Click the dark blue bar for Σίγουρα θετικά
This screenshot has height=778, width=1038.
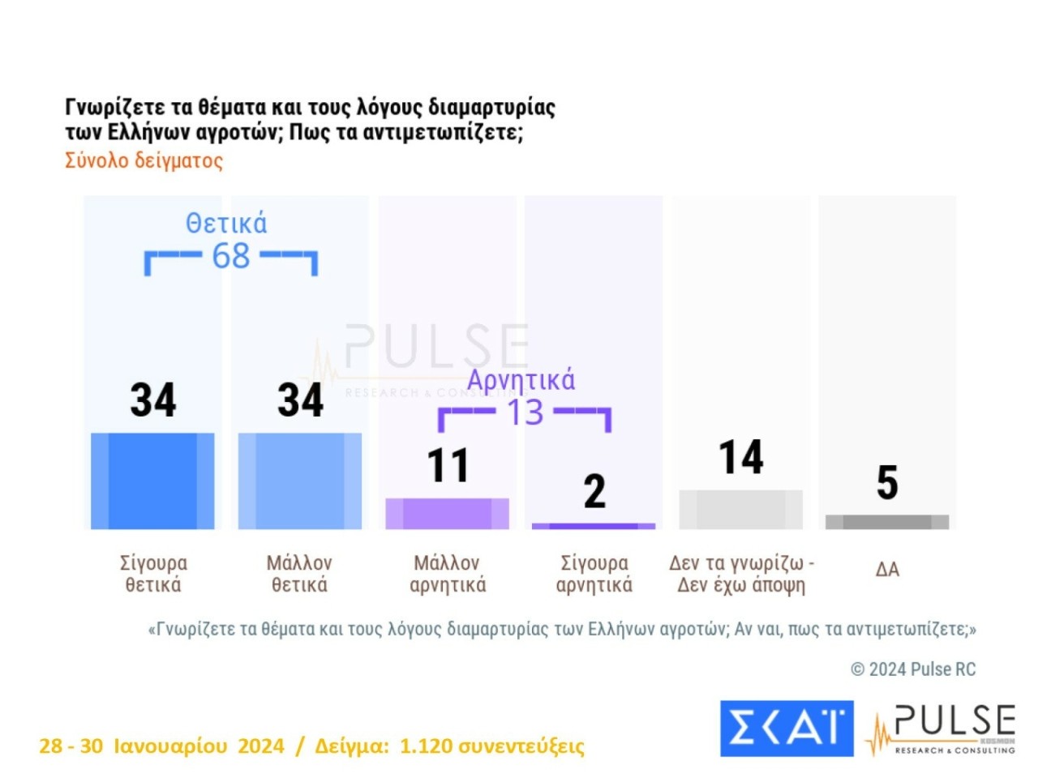point(152,481)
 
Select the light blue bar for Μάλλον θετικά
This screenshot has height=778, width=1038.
point(299,481)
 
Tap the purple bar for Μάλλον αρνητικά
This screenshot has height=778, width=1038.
point(447,514)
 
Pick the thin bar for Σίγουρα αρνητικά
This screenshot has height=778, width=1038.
point(594,527)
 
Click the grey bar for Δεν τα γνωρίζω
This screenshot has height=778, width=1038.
point(740,510)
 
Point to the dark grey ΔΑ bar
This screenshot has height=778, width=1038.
point(887,522)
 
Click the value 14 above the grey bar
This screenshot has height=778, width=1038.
point(741,457)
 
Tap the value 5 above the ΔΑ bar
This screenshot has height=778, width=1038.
point(887,482)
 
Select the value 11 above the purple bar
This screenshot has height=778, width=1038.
point(448,465)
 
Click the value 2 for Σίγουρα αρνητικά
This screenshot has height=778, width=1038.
point(594,491)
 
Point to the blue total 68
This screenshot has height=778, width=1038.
point(231,256)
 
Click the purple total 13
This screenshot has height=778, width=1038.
point(525,413)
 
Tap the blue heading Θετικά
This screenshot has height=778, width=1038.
point(226,223)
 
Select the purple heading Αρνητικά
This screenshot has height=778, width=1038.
point(521,379)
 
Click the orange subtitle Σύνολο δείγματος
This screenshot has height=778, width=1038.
point(144,160)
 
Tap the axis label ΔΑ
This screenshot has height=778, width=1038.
point(887,570)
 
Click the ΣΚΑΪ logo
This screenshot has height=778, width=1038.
point(787,728)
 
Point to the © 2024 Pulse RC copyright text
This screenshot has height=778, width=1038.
point(913,669)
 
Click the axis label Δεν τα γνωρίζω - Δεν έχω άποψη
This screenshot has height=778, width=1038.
point(741,574)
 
